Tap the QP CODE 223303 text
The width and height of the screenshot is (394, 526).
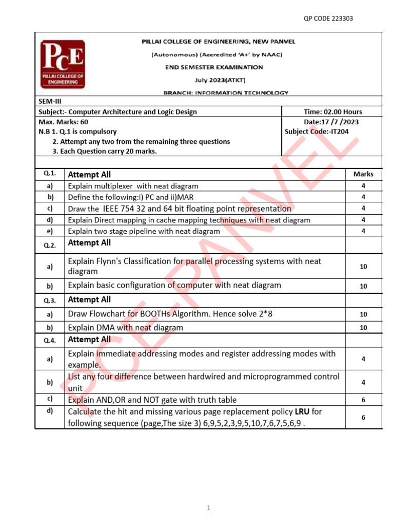coord(328,19)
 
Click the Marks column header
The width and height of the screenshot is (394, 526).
coord(363,174)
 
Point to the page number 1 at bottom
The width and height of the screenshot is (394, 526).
coord(209,508)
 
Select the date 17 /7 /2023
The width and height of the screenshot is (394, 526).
coord(339,122)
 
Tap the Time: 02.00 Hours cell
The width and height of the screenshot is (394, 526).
coord(332,111)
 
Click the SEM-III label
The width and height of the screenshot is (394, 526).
coord(50,101)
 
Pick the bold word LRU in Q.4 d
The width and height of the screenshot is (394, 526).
coord(302,411)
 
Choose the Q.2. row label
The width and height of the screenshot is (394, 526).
coord(50,245)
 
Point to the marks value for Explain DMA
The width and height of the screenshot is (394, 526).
coord(363,327)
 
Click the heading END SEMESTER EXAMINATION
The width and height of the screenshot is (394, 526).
coord(214,67)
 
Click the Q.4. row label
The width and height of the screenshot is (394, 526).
coord(50,340)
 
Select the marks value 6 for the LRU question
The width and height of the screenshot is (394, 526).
coord(363,418)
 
